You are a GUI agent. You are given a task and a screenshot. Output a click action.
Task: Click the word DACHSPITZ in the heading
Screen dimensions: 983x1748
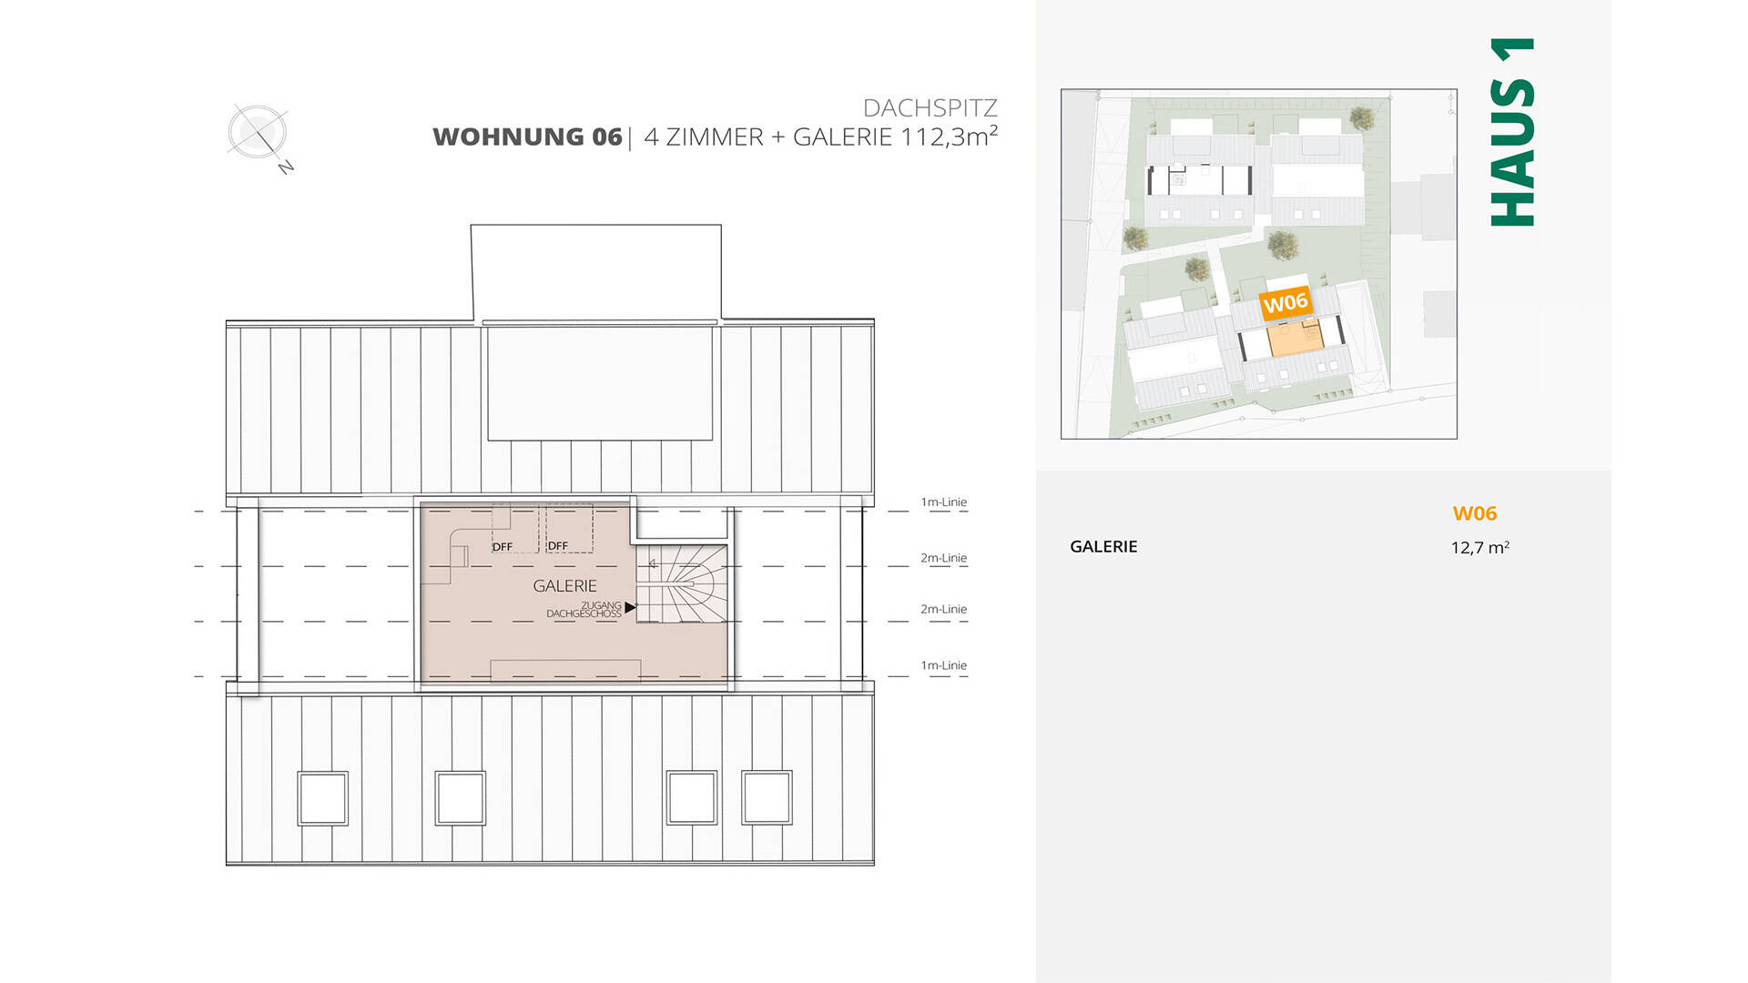[x=930, y=108]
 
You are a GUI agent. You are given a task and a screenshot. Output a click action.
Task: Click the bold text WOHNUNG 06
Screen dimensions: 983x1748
[x=527, y=137]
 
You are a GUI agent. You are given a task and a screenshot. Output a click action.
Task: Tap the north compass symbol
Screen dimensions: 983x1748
[x=258, y=133]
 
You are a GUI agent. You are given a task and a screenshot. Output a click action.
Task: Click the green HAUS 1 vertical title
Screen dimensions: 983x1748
[x=1512, y=132]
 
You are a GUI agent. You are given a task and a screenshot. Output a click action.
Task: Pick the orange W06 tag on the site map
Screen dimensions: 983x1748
[x=1285, y=303]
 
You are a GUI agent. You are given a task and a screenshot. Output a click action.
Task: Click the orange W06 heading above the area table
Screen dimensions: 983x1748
[x=1474, y=513]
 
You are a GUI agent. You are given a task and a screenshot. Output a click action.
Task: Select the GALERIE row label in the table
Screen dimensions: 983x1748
[x=1103, y=547]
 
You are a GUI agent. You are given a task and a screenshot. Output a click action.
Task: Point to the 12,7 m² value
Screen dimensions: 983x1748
[x=1479, y=548]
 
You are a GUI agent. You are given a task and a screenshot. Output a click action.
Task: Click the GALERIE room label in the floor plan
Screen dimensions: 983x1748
[x=564, y=586]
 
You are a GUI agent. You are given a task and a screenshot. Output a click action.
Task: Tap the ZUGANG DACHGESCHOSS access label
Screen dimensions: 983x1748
[x=584, y=610]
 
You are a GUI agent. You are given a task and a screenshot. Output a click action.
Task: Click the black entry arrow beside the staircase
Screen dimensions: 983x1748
[x=630, y=607]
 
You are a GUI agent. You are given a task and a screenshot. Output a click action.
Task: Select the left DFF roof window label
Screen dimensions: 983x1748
[x=503, y=547]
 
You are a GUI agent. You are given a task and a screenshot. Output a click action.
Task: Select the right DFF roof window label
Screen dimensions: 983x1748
[x=558, y=546]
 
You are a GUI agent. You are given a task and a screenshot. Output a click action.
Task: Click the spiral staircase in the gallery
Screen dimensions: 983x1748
[x=682, y=583]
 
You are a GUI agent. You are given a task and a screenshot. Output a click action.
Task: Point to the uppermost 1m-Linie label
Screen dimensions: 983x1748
[x=943, y=502]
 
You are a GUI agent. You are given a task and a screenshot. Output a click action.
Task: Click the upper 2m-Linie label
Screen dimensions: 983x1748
[x=943, y=558]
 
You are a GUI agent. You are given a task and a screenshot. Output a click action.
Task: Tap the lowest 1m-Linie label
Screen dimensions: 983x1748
[x=943, y=665]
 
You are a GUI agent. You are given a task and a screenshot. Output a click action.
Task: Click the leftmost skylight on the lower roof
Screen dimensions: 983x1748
[x=323, y=798]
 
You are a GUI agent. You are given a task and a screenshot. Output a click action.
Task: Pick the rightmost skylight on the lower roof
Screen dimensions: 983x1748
[x=767, y=798]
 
